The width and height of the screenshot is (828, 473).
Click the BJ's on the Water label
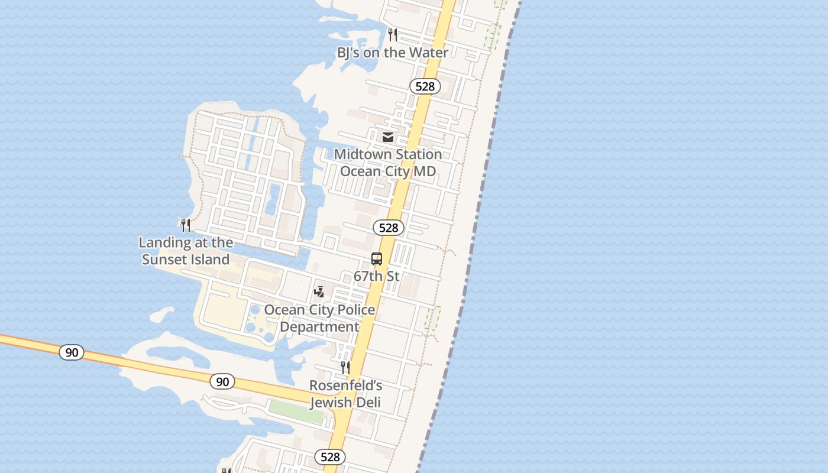click(x=393, y=53)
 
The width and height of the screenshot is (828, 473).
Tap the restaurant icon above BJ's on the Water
click(x=393, y=34)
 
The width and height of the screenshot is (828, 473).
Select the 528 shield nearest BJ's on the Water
click(x=425, y=86)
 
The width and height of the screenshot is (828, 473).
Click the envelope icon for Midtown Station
click(x=388, y=137)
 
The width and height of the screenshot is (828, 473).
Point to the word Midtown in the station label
click(x=363, y=154)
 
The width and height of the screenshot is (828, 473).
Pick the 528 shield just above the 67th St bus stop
click(x=389, y=228)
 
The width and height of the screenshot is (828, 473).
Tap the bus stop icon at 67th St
click(x=377, y=259)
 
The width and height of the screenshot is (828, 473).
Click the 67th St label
click(x=377, y=276)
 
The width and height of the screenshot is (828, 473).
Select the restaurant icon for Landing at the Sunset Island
click(x=186, y=225)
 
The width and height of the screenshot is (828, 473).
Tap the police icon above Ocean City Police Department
click(x=319, y=291)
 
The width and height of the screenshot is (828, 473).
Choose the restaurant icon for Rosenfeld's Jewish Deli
click(x=345, y=368)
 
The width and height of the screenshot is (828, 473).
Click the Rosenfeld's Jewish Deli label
click(x=346, y=394)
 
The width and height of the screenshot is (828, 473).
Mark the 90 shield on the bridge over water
click(x=72, y=352)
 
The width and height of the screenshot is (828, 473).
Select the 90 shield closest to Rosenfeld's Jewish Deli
click(x=222, y=381)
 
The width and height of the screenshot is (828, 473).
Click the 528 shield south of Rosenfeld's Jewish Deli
click(x=330, y=456)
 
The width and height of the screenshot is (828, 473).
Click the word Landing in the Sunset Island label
click(x=164, y=242)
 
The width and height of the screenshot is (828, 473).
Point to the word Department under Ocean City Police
click(x=319, y=327)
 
